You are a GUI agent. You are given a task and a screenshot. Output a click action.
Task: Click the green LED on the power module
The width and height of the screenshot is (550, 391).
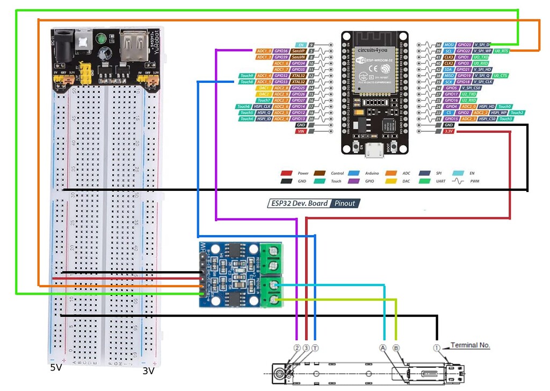coord(100,39)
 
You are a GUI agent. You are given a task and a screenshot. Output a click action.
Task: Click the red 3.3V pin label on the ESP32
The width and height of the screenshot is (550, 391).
coord(447,131)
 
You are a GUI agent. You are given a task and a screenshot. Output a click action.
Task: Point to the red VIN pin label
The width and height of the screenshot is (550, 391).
coord(301,131)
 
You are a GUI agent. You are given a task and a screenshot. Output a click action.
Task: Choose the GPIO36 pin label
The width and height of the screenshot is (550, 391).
coord(281,51)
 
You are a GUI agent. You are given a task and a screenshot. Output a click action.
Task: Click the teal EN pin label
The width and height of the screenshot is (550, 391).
coord(301,45)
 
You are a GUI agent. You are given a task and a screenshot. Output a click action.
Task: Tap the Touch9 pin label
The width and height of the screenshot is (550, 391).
coord(247,76)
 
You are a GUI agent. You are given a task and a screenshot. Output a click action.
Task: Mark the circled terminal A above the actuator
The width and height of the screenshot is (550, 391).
coord(383,347)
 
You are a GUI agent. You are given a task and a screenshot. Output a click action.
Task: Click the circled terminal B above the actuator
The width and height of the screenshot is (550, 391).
coord(396,347)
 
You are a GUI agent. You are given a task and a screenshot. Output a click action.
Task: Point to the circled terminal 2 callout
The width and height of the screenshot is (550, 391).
coord(297,347)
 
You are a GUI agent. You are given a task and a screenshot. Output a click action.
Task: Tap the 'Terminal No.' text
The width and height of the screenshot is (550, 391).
coord(470,345)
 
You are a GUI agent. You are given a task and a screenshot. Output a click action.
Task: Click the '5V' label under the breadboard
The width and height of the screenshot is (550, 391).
coord(56,368)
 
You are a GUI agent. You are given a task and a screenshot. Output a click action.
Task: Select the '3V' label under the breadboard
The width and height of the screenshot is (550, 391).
coord(148,371)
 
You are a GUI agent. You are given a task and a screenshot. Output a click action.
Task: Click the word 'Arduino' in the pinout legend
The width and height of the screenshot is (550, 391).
coord(371,173)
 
